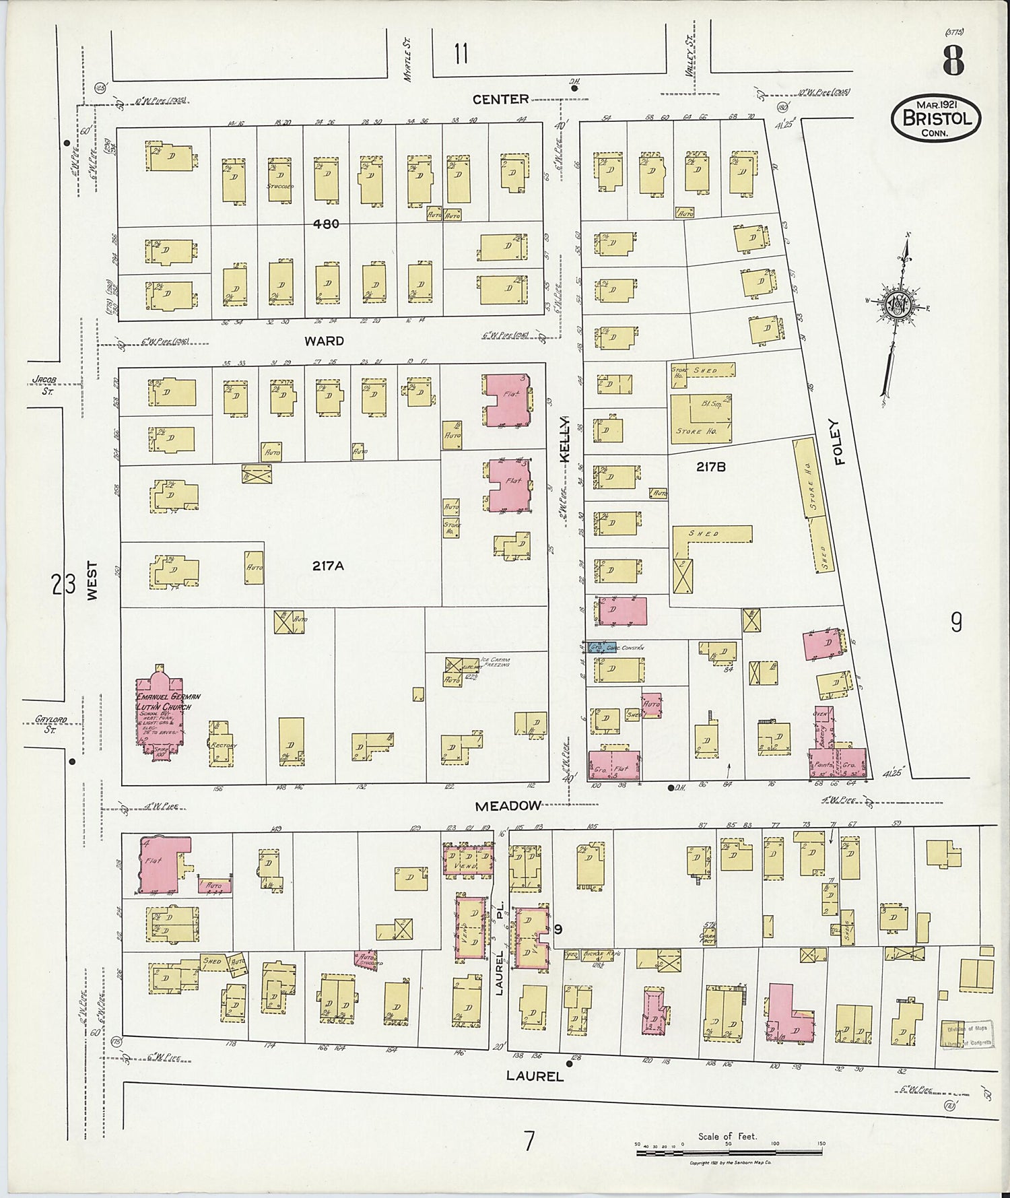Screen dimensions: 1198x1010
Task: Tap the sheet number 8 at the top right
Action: tap(952, 61)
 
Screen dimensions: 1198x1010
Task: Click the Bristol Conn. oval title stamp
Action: tap(936, 118)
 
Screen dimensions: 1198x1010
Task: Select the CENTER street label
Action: tap(500, 99)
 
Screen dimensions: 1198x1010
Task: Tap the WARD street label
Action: tap(324, 341)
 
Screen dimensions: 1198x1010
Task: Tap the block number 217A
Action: tap(328, 566)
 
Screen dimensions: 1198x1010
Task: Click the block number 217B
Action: tap(711, 466)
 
